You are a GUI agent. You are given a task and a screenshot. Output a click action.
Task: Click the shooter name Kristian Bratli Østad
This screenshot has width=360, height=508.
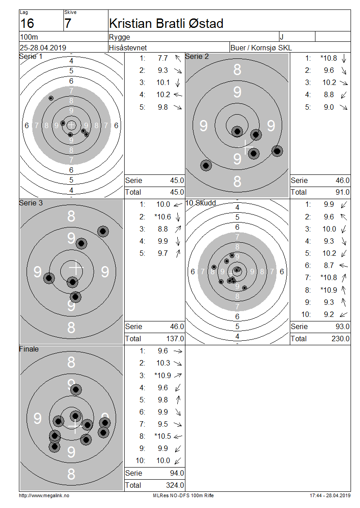point(166,23)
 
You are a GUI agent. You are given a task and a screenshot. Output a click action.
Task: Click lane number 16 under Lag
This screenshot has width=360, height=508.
point(27,23)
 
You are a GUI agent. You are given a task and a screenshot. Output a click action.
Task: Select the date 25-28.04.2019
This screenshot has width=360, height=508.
point(43,48)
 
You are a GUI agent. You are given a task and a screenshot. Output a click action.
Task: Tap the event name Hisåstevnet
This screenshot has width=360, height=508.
point(128,48)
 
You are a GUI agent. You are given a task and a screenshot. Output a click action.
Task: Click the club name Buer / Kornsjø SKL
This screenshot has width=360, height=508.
point(261,48)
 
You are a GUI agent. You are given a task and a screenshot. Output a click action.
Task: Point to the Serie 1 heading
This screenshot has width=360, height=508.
point(31,56)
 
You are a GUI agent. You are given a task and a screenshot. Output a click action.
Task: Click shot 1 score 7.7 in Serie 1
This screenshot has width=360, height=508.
point(163,58)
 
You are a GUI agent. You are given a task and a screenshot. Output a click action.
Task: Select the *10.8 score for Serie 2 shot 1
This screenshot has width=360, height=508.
point(328,58)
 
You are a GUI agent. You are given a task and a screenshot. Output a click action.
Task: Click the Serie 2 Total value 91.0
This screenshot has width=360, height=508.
point(342,192)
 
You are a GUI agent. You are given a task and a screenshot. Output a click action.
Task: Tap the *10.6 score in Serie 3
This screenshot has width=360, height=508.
point(162,217)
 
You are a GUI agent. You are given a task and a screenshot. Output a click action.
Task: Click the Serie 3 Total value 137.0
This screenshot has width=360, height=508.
point(175,339)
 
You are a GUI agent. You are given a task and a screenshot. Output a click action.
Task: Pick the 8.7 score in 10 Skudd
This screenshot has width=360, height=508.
point(329,265)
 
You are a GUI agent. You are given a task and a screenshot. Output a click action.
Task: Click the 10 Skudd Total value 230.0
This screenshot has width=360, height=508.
point(341,339)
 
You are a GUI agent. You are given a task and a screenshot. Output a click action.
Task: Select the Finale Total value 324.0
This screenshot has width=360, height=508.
point(175,486)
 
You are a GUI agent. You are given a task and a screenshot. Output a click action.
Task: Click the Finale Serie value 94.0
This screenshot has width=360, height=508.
point(177,473)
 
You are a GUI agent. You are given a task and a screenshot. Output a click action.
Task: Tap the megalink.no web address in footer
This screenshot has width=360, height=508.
point(44,495)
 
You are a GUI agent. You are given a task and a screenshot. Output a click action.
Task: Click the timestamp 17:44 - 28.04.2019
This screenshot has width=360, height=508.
point(330,495)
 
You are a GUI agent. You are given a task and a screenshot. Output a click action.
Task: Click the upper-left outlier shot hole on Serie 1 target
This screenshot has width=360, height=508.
point(51,98)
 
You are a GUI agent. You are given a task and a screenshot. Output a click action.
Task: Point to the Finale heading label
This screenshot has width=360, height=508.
point(29,349)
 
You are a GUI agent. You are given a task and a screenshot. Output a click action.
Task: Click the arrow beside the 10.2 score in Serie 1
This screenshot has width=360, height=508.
point(178,94)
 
